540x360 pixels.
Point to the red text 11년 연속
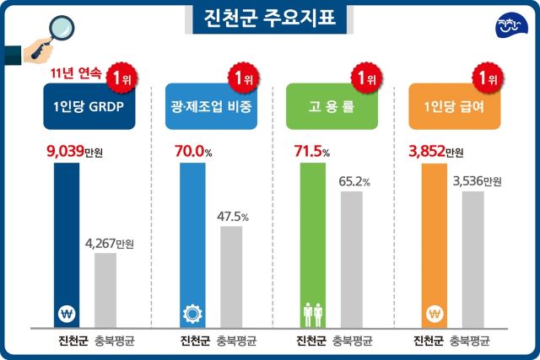(x=76, y=74)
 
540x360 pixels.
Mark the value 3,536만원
(x=476, y=181)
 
